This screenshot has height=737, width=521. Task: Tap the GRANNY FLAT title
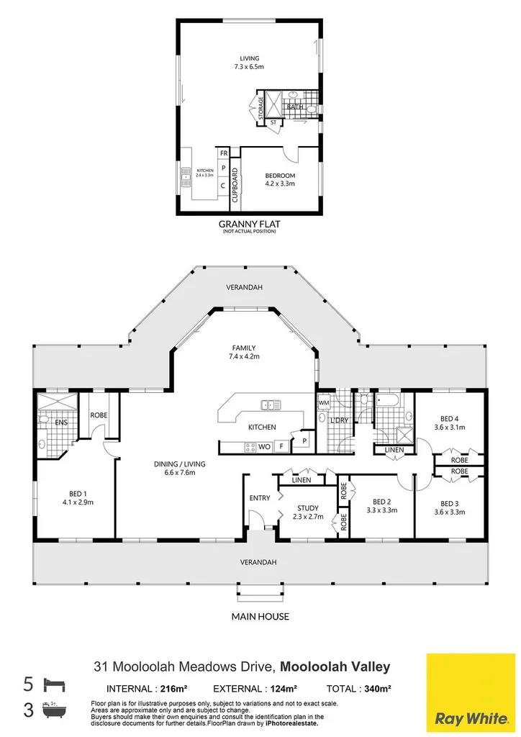pos(249,224)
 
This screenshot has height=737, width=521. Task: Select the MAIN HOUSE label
pos(260,616)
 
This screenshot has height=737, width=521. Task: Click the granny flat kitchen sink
pos(186,177)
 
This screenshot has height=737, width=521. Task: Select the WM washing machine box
pos(324,403)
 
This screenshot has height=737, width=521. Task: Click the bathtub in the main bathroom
pos(388,400)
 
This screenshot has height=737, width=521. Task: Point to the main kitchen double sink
pos(271,404)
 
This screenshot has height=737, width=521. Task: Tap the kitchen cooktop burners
pos(250,447)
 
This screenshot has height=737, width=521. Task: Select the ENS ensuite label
pos(61,422)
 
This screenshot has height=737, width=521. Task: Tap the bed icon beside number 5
pos(55,684)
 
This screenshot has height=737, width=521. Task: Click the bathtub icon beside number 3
pos(53,709)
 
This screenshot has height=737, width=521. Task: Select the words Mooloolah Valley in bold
pos(335,666)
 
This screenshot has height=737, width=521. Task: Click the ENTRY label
pos(260,498)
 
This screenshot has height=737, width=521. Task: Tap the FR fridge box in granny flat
pos(224,153)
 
